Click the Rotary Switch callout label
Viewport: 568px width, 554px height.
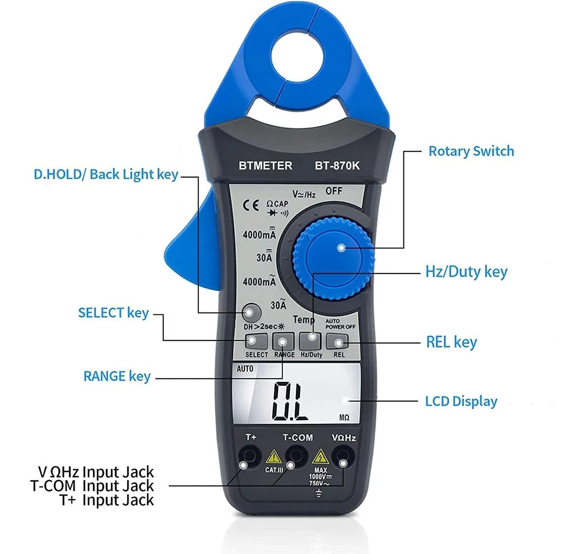[471, 151]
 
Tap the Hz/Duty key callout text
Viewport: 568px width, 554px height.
[466, 272]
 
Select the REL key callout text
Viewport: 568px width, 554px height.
[451, 342]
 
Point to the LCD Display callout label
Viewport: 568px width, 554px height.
[461, 401]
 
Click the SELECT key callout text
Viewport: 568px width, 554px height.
[113, 313]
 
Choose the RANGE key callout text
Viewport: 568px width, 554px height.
[117, 376]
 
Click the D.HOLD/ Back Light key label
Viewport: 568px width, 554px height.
[105, 175]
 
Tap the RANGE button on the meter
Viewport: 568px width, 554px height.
[283, 342]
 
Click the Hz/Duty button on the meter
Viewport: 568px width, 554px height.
[311, 341]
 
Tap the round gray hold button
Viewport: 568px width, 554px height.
[250, 312]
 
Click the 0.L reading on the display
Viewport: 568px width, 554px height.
[289, 401]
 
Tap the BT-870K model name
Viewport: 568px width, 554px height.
[337, 166]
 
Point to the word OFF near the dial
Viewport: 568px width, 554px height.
[335, 191]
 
